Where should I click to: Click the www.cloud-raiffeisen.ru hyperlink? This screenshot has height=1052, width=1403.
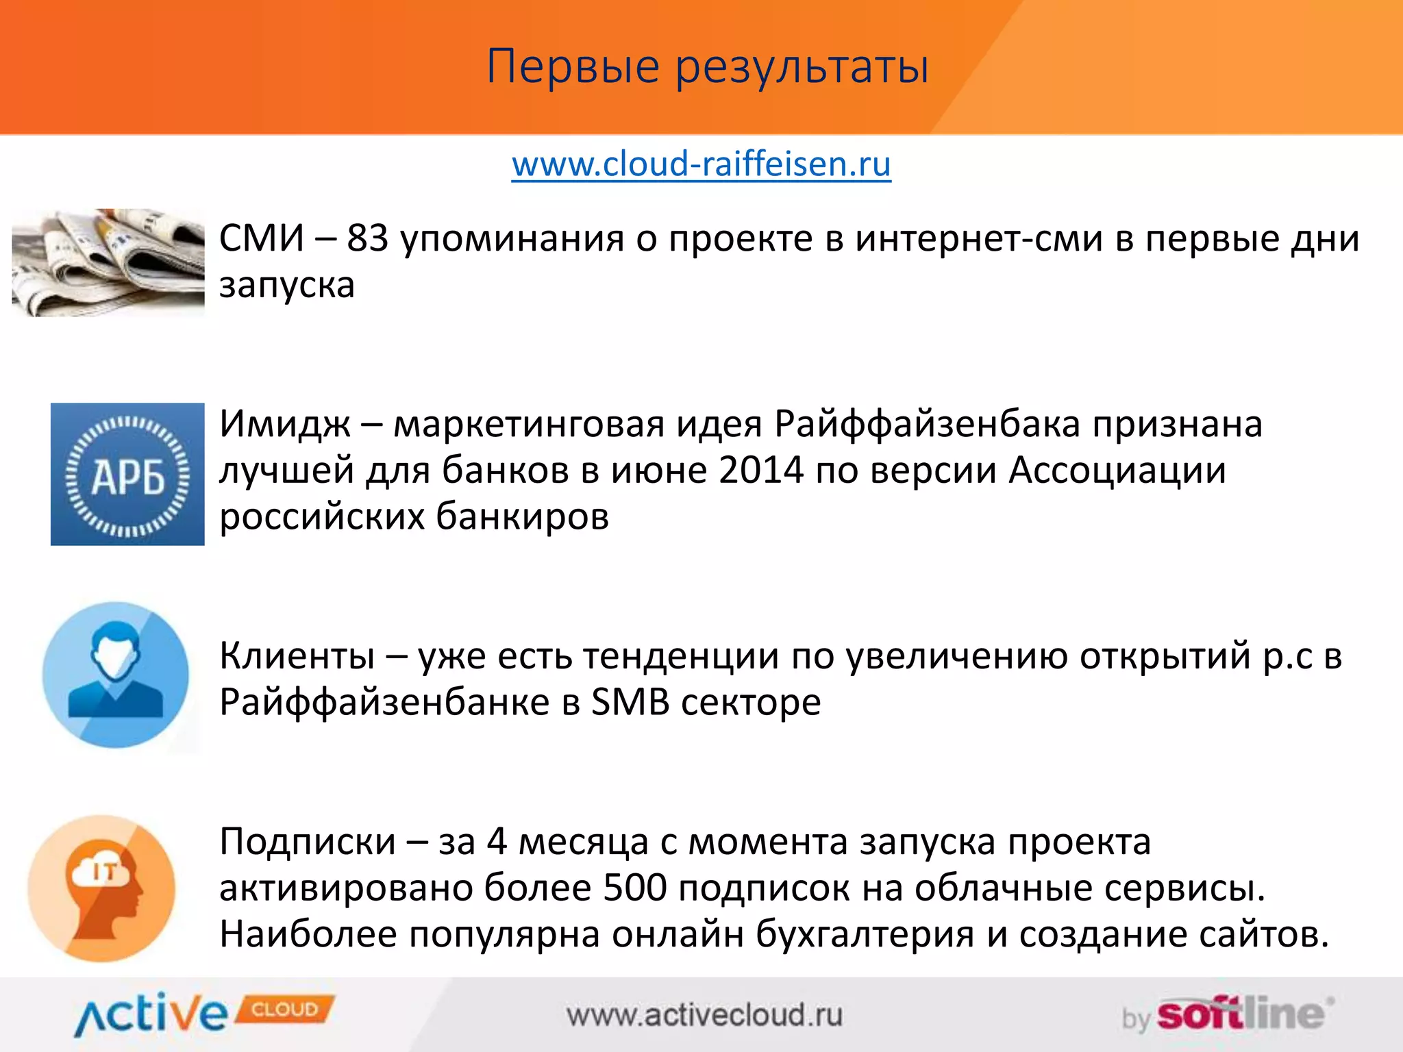click(701, 164)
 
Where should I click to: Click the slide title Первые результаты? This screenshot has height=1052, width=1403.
click(707, 66)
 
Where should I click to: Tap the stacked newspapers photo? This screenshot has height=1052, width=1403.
click(108, 262)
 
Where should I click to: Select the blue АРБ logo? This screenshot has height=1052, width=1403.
click(127, 474)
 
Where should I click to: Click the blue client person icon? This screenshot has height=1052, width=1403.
click(116, 675)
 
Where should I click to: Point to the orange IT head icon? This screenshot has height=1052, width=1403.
click(102, 888)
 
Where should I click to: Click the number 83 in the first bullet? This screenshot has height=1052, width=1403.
click(367, 239)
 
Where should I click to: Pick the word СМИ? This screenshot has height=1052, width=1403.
click(261, 239)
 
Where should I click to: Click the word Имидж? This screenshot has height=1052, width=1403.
click(284, 425)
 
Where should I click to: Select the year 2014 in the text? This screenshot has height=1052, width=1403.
click(760, 471)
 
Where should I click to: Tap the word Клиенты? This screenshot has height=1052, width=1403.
click(297, 656)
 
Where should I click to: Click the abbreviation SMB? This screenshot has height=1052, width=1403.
click(630, 703)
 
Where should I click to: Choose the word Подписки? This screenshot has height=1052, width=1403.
click(308, 842)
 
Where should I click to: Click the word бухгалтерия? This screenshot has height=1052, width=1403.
click(865, 935)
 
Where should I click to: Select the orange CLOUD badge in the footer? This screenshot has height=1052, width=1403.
click(285, 1010)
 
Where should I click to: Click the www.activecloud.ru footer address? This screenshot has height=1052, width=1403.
click(704, 1015)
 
